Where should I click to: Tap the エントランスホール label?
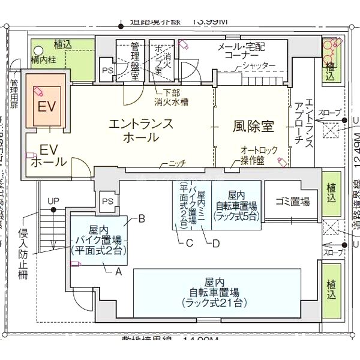tap(141, 130)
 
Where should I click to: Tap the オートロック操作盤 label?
tap(257, 155)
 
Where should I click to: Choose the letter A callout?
tap(118, 271)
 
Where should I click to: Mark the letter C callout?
tap(188, 243)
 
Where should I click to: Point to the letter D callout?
tap(215, 243)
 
